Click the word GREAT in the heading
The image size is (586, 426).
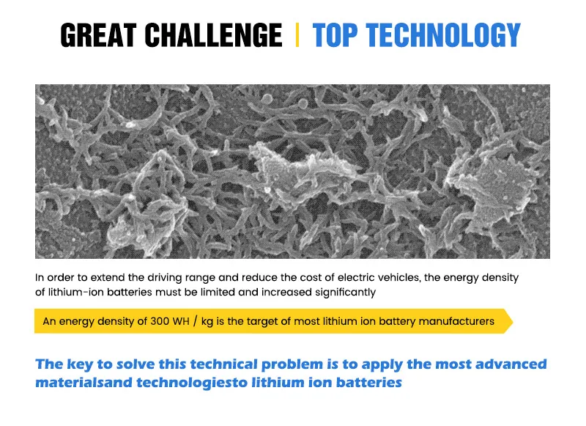click(98, 35)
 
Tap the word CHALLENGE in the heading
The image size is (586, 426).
click(213, 35)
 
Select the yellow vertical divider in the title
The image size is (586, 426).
click(297, 34)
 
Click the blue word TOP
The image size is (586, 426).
click(335, 35)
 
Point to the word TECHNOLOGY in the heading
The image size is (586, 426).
click(443, 35)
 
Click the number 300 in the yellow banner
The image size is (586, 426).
click(160, 321)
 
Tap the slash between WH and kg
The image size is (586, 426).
click(195, 321)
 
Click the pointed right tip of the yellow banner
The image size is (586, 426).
click(513, 321)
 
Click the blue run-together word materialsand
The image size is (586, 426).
click(84, 382)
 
